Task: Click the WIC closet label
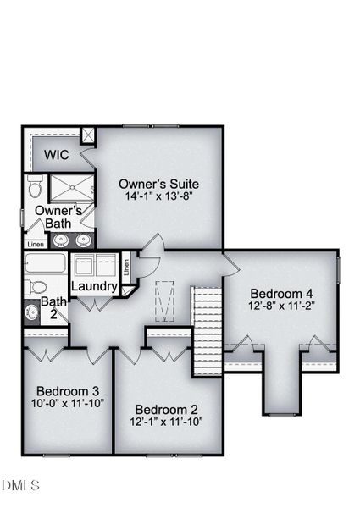(56, 155)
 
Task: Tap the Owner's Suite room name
(158, 183)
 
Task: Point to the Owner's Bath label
(58, 217)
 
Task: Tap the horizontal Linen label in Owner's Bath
(36, 245)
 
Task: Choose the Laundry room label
(93, 287)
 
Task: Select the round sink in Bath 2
(31, 312)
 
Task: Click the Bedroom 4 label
(282, 294)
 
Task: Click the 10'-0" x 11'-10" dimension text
(68, 404)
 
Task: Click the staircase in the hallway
(208, 332)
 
